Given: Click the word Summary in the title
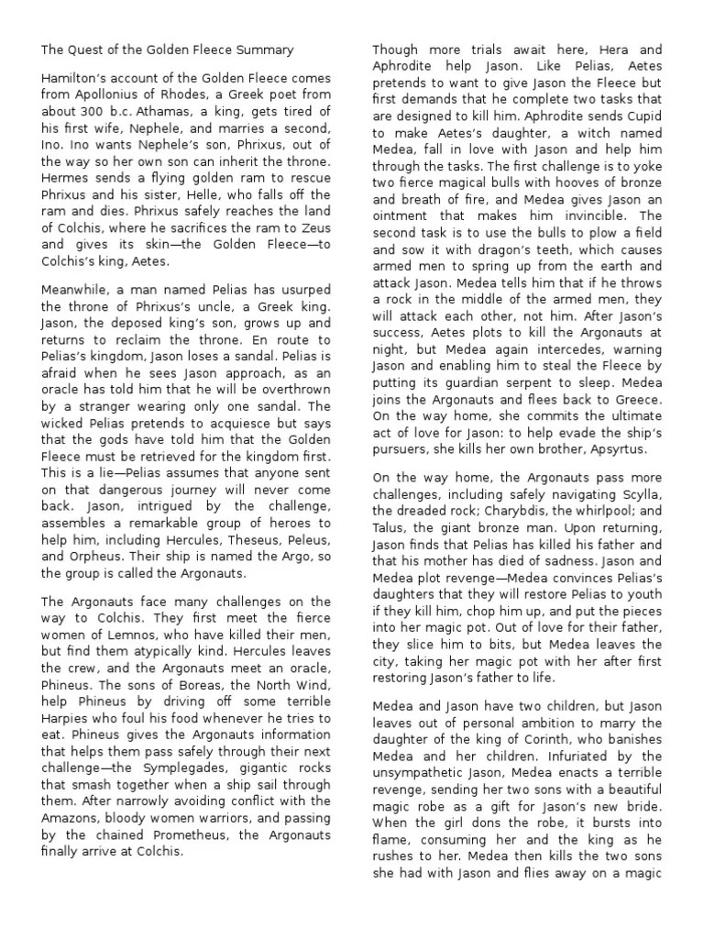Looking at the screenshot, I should coord(265,49).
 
